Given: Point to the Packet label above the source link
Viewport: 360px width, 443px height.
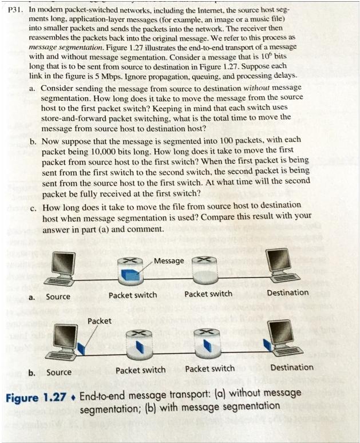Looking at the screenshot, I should click(x=100, y=321).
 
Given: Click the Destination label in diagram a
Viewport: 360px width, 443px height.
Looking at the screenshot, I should click(x=287, y=293).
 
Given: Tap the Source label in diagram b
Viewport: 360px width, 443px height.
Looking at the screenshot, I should click(x=59, y=372).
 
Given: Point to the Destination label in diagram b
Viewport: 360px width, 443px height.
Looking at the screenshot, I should click(x=292, y=367).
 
